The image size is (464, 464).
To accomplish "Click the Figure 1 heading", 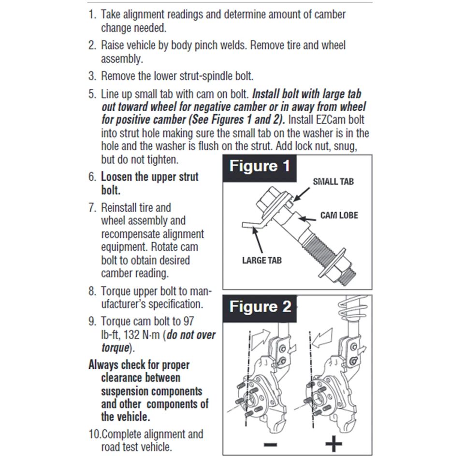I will tap(260, 167).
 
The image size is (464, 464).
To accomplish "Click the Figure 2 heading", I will tap(260, 307).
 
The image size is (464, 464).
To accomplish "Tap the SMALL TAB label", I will tap(333, 182).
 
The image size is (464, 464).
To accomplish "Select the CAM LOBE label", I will tap(339, 215).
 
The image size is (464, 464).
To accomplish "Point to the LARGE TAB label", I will tap(261, 261).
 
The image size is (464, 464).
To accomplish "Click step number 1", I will tap(92, 14).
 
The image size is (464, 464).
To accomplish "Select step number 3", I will tap(92, 76).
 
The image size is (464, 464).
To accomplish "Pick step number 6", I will tap(92, 177).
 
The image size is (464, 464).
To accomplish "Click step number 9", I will tap(92, 321).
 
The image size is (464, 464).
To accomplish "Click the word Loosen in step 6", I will tap(117, 177).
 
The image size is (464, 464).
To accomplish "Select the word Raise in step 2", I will tap(114, 45).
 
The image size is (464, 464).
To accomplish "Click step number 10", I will tap(94, 434).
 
